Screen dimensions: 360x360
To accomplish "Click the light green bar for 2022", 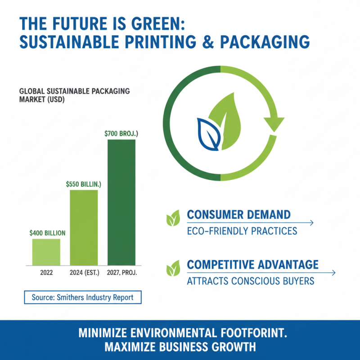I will point(46,252).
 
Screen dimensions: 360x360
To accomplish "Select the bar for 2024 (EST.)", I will point(84,227).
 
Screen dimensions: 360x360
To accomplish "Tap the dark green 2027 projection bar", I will point(121,202).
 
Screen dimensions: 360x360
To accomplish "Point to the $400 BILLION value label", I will point(47,233).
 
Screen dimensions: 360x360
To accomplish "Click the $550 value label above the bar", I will point(83,184).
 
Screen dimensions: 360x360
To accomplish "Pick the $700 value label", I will point(121,134).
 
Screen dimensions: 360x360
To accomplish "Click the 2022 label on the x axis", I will point(46,273).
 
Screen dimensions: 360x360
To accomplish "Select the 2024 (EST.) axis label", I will point(84,273).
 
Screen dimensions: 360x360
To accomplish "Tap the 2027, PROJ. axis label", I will point(122,273).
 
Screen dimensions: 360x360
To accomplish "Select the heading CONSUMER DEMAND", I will point(238,215).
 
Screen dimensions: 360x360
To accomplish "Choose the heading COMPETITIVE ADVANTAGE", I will point(252,265).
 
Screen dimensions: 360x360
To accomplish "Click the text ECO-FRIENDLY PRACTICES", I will point(242,231).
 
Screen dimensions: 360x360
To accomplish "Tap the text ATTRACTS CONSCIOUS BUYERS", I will point(251,281).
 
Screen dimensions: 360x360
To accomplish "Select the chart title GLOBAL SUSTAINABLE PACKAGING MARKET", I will point(75,95).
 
